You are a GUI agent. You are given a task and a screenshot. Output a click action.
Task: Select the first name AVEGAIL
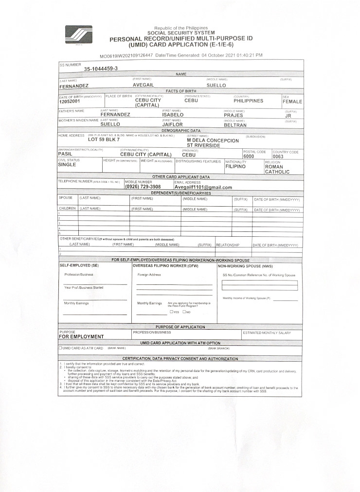point(144,85)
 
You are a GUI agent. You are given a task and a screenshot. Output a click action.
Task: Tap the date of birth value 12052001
point(70,102)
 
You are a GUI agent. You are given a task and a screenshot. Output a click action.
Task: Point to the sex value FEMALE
point(292,102)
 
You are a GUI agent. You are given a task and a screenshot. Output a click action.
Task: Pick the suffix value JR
point(288,116)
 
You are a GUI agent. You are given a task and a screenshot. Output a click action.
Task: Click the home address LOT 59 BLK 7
point(104,140)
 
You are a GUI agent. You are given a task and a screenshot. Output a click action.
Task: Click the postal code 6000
point(249,157)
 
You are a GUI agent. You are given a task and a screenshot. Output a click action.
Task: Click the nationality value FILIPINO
point(235,166)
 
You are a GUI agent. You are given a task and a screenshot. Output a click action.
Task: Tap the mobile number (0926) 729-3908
point(143,187)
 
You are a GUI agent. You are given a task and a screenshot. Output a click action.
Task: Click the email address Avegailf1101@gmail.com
point(203,187)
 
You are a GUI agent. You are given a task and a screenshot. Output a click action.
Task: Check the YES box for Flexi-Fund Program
point(171,312)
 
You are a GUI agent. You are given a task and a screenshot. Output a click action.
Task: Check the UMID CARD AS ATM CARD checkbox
point(60,348)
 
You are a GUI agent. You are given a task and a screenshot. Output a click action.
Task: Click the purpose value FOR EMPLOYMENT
point(81,336)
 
